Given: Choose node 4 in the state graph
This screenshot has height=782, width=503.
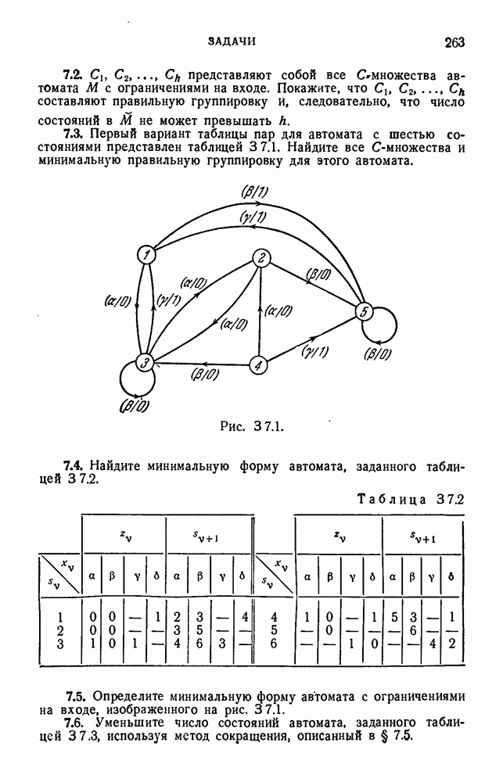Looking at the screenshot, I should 260,364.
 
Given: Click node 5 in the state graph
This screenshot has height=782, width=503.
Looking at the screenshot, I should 361,312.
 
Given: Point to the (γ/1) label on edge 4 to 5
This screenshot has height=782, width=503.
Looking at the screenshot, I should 314,351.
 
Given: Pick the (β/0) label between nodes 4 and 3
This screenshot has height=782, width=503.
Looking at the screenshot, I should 205,375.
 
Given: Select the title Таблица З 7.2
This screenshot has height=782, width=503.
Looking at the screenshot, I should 410,499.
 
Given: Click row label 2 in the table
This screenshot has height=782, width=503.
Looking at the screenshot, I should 60,630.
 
